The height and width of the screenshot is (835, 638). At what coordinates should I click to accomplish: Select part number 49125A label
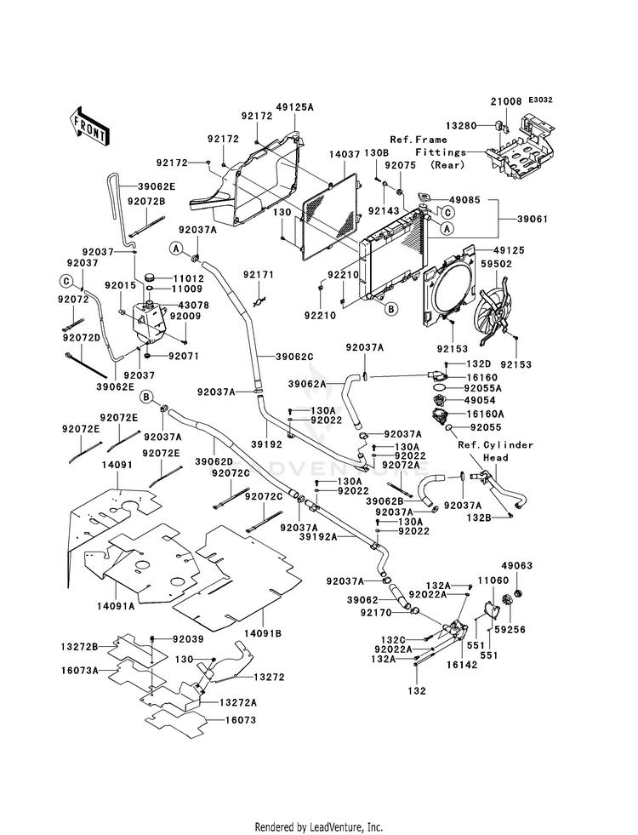coord(295,107)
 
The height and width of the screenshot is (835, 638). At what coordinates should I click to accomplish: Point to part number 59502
coord(496,263)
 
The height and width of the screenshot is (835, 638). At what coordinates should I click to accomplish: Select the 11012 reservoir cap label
coord(187,278)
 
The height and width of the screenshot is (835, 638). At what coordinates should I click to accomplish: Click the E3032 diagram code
coord(541,100)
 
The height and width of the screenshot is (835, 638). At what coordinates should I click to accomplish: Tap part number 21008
coord(506,101)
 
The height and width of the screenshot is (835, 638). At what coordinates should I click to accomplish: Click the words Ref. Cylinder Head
coord(495,451)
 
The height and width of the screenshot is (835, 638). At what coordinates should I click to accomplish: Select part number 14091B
coord(263,634)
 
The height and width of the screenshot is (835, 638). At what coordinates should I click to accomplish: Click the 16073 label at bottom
coord(241,720)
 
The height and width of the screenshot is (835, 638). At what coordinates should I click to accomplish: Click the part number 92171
coord(259,275)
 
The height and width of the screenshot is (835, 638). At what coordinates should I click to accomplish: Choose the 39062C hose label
coord(294,357)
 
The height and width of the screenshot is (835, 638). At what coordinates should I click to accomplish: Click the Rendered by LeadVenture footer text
coord(319,827)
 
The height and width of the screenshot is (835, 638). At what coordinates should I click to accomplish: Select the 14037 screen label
coord(345,154)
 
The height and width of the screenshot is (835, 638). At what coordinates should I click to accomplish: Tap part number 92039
coord(188,638)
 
